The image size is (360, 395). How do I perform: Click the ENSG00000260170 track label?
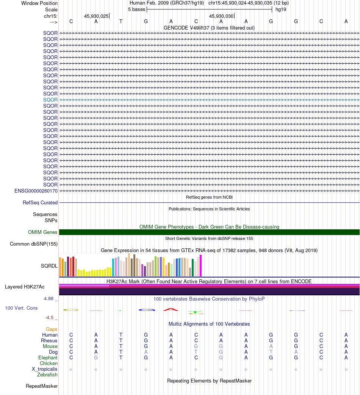point(36,191)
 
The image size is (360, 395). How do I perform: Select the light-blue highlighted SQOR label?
point(50,100)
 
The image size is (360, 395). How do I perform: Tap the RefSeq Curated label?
point(40,202)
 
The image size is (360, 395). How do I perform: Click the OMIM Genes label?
point(43,232)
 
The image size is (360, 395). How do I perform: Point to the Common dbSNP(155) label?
point(34,244)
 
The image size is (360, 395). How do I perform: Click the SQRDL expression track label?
point(49,266)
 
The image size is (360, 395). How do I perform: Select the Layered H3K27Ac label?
point(25,287)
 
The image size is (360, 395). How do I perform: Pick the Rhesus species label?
point(49,340)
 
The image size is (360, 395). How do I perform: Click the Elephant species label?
point(48,358)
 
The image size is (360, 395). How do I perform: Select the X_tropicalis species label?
point(45,369)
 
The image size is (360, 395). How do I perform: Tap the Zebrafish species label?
point(47,375)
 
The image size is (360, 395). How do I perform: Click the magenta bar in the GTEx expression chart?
point(200,266)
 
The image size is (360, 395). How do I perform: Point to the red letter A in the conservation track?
point(171,309)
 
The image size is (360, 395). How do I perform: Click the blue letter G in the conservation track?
point(147,310)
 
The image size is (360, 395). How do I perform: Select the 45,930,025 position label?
point(96,16)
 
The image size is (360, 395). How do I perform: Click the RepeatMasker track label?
point(42,386)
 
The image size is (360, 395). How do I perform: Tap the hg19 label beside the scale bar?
point(281,9)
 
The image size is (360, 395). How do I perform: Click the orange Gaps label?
point(52,329)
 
